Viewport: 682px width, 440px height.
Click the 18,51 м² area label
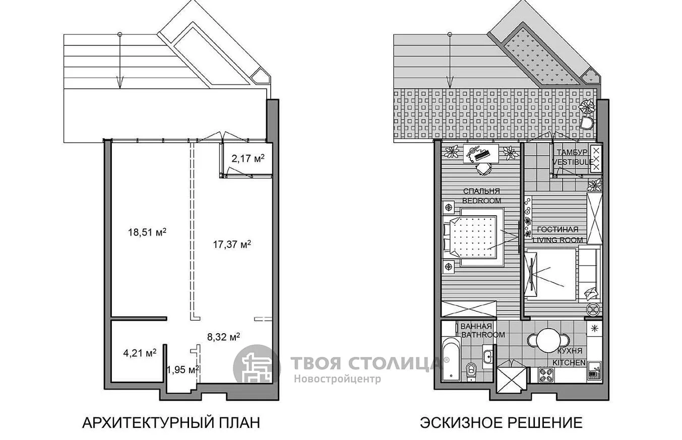point(147,232)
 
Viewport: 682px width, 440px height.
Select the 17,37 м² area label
point(232,244)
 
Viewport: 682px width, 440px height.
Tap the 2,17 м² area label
point(248,158)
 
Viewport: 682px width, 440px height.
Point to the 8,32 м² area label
point(223,337)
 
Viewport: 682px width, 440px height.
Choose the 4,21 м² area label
point(140,353)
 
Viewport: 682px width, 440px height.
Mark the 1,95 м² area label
point(183,369)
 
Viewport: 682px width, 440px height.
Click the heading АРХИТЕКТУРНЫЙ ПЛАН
point(171,423)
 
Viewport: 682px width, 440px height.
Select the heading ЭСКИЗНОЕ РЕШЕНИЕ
point(502,423)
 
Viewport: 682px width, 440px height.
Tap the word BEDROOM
point(482,201)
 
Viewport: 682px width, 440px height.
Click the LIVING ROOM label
point(558,240)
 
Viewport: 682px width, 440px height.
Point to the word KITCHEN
point(570,363)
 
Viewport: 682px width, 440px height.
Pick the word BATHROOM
point(483,335)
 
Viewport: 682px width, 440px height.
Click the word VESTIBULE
point(573,162)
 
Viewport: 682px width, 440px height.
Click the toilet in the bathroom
point(471,372)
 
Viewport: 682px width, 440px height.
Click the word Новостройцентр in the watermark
point(337,379)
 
